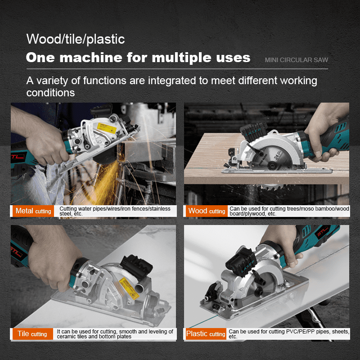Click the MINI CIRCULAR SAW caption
pyautogui.click(x=297, y=60)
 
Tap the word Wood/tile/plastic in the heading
pyautogui.click(x=76, y=39)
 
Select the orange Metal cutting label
pyautogui.click(x=33, y=211)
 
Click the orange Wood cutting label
pyautogui.click(x=207, y=211)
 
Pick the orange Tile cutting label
pyautogui.click(x=32, y=334)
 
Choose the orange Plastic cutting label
pyautogui.click(x=206, y=334)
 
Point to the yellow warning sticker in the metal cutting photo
pyautogui.click(x=107, y=128)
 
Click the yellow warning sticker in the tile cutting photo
pyautogui.click(x=129, y=288)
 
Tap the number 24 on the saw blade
pyautogui.click(x=276, y=157)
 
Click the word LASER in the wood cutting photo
pyautogui.click(x=253, y=132)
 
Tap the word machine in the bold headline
pyautogui.click(x=91, y=58)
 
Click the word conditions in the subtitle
pyautogui.click(x=50, y=93)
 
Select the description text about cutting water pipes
pyautogui.click(x=115, y=211)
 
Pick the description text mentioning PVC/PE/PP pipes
pyautogui.click(x=289, y=334)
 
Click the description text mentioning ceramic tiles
pyautogui.click(x=115, y=334)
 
